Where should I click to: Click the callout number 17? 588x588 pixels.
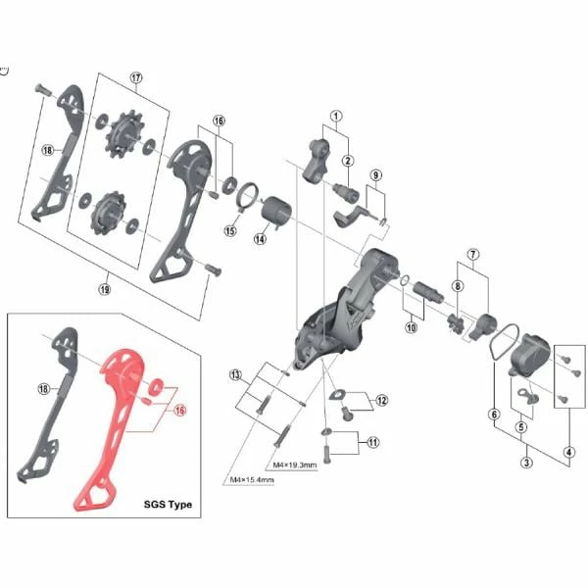tap(136, 77)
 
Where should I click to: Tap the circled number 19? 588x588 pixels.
tap(105, 289)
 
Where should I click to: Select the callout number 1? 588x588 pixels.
tap(336, 116)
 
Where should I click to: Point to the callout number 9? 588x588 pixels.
tap(375, 175)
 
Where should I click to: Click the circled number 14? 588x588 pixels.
tap(260, 239)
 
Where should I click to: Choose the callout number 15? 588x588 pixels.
tap(230, 230)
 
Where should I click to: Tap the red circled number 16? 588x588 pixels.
tap(180, 410)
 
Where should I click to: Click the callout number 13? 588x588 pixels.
tap(235, 374)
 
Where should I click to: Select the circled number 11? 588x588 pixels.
tap(372, 443)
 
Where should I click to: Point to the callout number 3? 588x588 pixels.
tap(526, 463)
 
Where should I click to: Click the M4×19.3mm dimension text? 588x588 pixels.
tap(295, 465)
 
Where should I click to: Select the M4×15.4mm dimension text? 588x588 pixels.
tap(252, 479)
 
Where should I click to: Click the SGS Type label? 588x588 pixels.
tap(168, 505)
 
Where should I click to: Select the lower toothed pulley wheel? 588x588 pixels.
tap(109, 213)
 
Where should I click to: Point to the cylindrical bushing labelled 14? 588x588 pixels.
tap(276, 212)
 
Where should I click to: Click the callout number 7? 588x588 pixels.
tap(473, 254)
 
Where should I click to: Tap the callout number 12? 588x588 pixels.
tap(382, 401)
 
